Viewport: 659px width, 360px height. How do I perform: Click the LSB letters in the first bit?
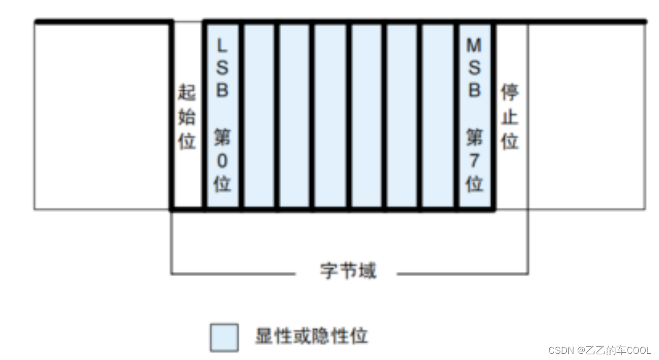[x=222, y=68]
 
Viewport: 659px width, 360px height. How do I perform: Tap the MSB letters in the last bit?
[x=474, y=68]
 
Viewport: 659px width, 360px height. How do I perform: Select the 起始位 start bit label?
[x=187, y=117]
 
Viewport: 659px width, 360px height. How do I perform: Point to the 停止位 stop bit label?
[x=510, y=117]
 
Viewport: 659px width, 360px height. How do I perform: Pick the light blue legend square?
[x=224, y=337]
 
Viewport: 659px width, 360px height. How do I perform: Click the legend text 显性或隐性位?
[x=311, y=336]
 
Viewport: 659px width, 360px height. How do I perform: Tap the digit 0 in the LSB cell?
[x=222, y=161]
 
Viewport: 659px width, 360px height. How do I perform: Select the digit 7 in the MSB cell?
[x=474, y=161]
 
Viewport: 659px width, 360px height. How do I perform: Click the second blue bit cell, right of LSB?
[x=259, y=116]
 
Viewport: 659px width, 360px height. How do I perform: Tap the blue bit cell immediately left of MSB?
[x=438, y=116]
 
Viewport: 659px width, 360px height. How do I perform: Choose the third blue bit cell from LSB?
[x=294, y=116]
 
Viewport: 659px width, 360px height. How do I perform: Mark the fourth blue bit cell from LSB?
[x=331, y=116]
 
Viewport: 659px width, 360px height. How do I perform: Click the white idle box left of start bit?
[x=102, y=116]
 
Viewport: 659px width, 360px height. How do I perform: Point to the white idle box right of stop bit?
[x=586, y=116]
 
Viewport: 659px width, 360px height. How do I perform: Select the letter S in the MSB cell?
[x=474, y=68]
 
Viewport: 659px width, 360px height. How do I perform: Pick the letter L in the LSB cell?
[x=222, y=46]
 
